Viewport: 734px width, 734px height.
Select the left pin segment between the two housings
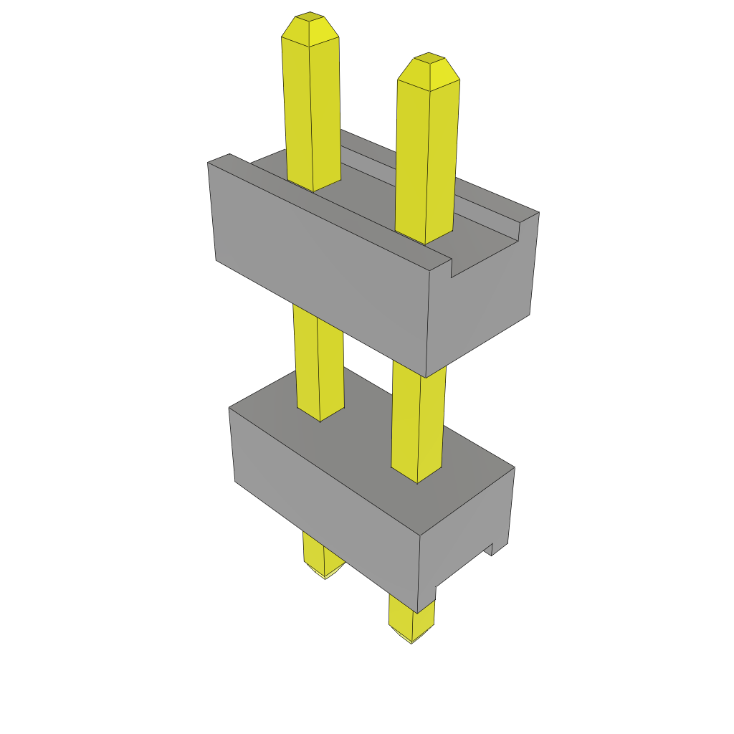click(318, 358)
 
